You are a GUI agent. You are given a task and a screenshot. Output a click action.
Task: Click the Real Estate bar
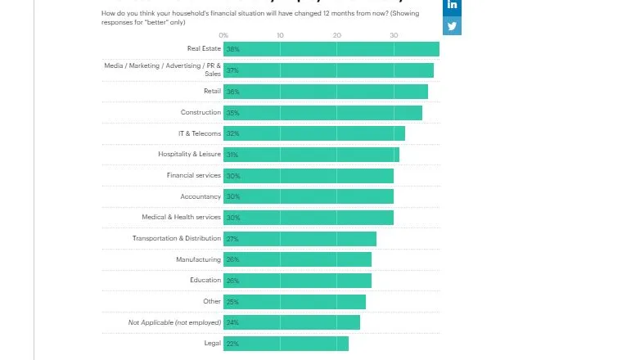tap(331, 49)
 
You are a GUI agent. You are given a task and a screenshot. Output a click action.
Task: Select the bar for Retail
tap(326, 92)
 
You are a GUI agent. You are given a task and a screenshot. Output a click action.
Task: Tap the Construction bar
tap(323, 113)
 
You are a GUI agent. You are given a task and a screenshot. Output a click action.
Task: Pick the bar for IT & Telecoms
tap(314, 133)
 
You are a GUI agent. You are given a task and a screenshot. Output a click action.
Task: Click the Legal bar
tap(286, 344)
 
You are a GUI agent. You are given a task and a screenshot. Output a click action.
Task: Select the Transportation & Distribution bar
tap(300, 239)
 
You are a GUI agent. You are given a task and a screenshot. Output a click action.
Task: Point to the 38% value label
tap(233, 50)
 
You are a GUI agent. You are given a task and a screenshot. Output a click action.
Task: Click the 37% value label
tap(233, 71)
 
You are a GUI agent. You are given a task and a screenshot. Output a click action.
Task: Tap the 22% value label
tap(233, 344)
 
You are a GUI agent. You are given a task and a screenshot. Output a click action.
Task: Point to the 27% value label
tap(233, 239)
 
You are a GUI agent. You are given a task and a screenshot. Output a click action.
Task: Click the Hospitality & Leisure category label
tap(189, 155)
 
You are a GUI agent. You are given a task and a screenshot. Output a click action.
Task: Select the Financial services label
tap(194, 176)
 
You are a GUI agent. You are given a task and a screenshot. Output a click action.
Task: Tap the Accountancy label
tap(201, 196)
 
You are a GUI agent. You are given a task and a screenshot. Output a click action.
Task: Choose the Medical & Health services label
tap(181, 218)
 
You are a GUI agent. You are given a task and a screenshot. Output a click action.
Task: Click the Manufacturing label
tap(198, 259)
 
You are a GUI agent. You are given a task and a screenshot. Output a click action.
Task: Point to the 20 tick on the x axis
tap(336, 35)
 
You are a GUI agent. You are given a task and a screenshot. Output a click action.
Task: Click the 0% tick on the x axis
tap(223, 35)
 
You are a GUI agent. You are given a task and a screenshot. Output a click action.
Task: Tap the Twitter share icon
tap(453, 26)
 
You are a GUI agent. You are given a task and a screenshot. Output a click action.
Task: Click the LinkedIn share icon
tap(453, 6)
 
